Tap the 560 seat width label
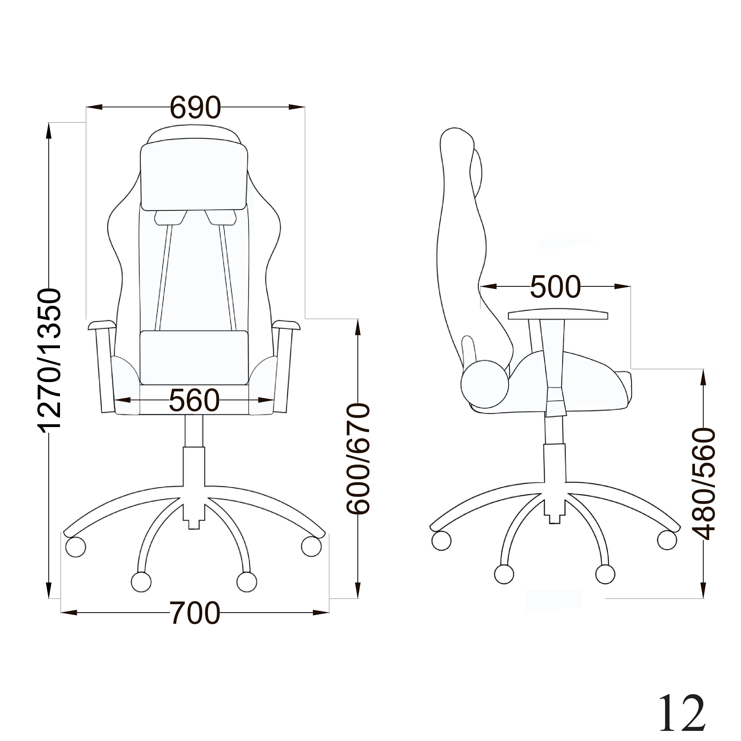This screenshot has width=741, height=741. [x=194, y=400]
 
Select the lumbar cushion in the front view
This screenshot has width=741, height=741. [x=194, y=357]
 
